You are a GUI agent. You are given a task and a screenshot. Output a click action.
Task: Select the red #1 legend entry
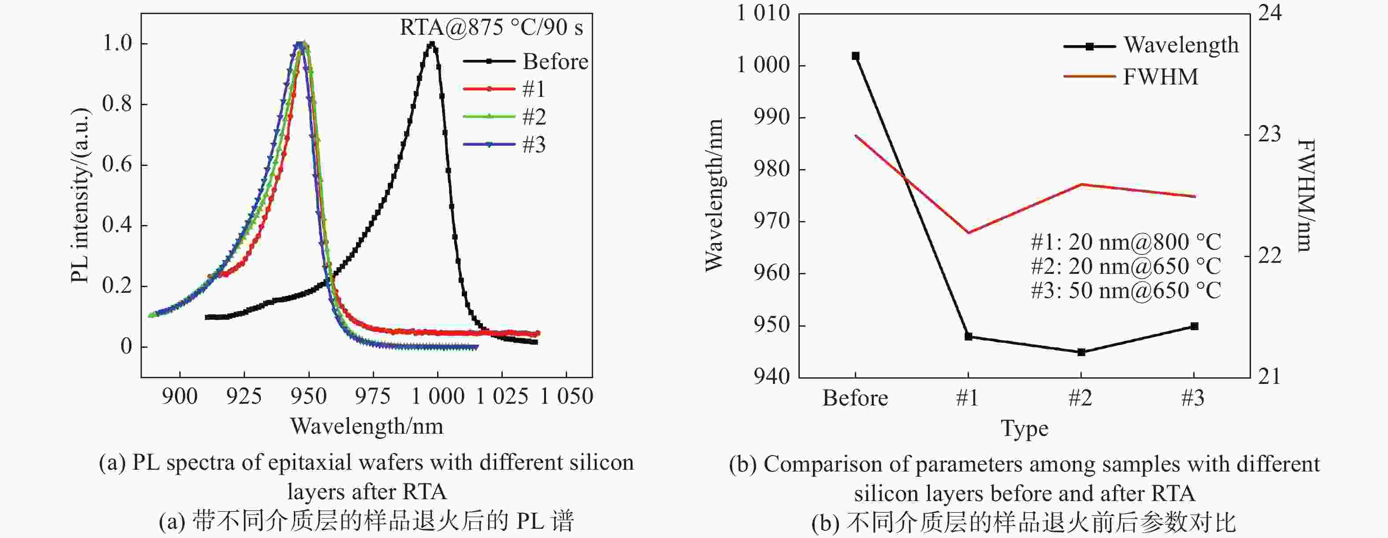pos(534,89)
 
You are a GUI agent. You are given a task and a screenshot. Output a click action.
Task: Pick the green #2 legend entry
pos(534,116)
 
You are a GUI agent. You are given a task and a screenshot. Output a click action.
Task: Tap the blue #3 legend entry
pos(534,144)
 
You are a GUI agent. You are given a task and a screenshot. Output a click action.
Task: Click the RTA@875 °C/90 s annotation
pos(491,27)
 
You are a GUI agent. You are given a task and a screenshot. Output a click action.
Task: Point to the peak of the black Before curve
pos(431,44)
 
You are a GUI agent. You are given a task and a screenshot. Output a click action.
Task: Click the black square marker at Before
pos(856,56)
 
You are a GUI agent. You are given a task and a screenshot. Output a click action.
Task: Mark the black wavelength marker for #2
pos(1081,352)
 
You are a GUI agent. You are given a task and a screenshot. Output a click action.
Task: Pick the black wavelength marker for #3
pos(1194,326)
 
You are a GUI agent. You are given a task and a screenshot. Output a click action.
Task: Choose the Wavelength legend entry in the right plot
pos(1180,45)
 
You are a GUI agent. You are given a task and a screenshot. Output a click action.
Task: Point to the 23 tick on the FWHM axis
pos(1269,135)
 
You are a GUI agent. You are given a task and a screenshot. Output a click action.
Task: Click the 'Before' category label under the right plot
pos(855,398)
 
